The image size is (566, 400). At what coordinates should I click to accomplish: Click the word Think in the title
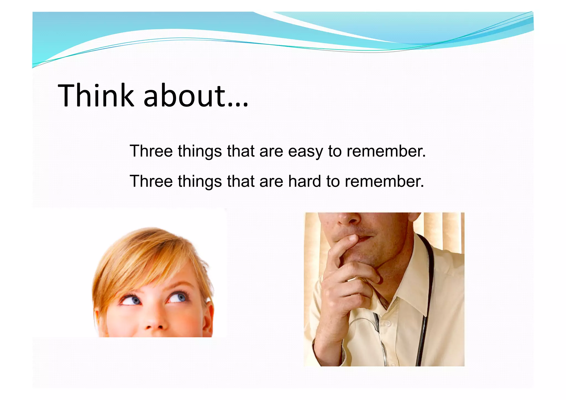[x=95, y=95]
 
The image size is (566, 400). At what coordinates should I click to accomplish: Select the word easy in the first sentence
[x=305, y=151]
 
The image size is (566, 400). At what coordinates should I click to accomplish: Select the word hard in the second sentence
[x=305, y=181]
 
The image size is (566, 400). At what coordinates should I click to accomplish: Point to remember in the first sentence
[x=386, y=151]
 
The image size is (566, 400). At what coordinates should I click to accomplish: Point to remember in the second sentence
[x=384, y=181]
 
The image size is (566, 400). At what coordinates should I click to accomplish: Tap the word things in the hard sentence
[x=200, y=182]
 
